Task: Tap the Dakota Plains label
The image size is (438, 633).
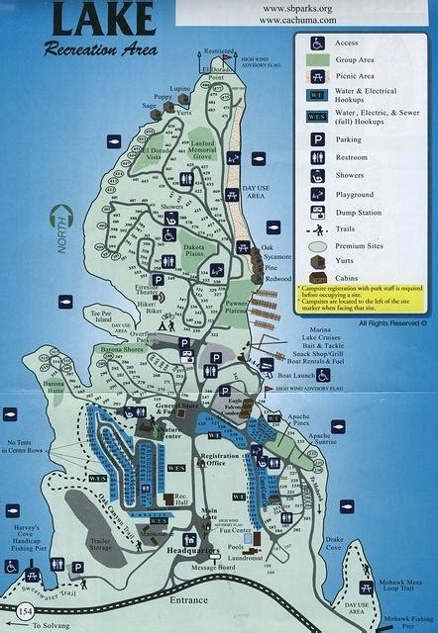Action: click(195, 253)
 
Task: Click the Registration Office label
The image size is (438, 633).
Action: click(226, 461)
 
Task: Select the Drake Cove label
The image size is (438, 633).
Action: click(333, 543)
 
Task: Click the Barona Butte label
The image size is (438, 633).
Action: click(53, 388)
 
